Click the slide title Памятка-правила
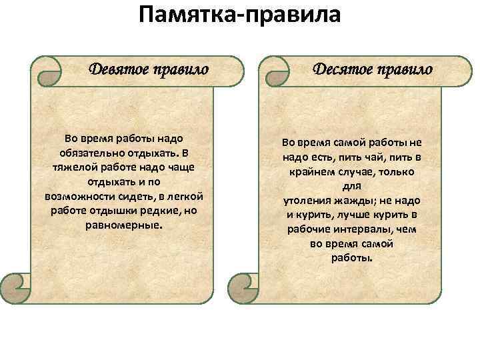pos(240,15)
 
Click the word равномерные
pos(124,225)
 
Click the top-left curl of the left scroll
pos(47,71)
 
